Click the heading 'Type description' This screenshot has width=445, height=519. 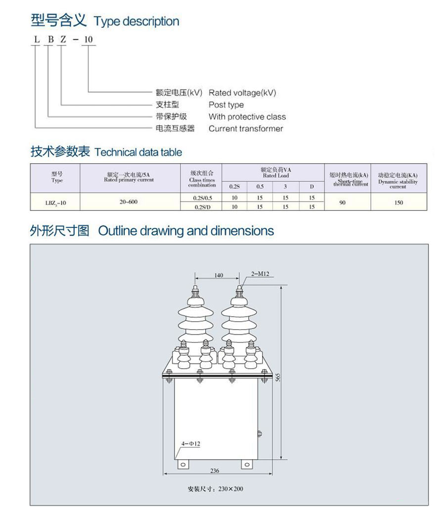click(136, 22)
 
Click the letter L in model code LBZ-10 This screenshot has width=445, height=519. click(35, 39)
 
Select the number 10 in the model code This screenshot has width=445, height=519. click(88, 39)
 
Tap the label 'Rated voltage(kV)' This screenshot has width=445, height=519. click(242, 93)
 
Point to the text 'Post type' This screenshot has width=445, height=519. click(226, 105)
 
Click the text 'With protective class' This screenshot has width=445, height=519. click(247, 117)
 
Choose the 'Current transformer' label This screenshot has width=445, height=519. click(246, 129)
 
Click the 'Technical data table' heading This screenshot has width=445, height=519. click(138, 152)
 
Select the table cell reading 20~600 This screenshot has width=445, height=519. click(129, 202)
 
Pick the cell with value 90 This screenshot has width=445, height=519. click(343, 202)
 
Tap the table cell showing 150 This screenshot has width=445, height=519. click(399, 202)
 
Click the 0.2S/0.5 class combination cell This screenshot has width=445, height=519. click(202, 198)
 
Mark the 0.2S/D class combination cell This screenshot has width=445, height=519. click(202, 207)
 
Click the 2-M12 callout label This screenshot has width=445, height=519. click(260, 273)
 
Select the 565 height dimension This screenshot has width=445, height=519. click(278, 377)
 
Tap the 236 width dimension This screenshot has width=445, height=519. click(215, 471)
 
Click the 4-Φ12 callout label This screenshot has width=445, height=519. click(190, 444)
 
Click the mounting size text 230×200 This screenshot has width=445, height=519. click(216, 489)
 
